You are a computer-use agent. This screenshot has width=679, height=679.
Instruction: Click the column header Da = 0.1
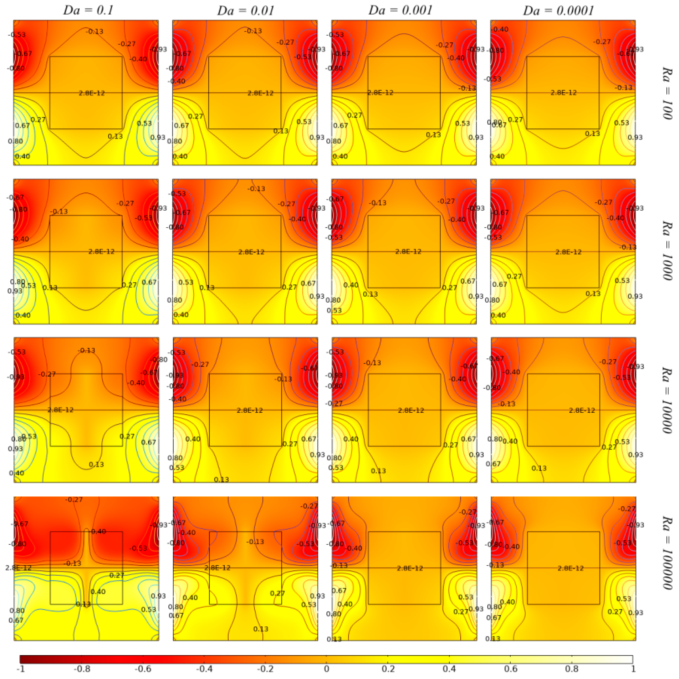click(88, 10)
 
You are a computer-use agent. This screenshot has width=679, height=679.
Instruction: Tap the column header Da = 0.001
click(400, 10)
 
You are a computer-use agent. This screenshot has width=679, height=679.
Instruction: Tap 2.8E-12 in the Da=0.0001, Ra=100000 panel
click(570, 568)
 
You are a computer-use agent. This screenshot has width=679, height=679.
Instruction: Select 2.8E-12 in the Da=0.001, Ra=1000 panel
click(408, 252)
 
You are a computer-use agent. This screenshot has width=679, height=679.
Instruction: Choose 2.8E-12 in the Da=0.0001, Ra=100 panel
click(563, 93)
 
